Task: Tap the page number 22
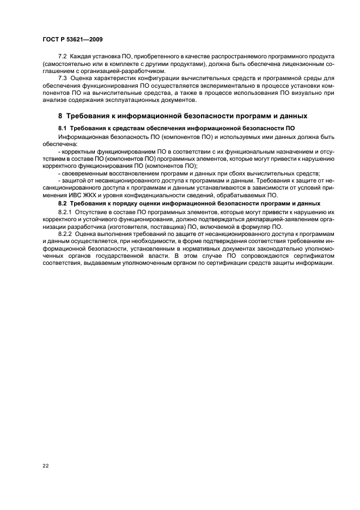[45, 465]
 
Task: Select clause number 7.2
[63, 57]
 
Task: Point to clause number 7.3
[63, 78]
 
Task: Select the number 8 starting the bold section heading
[60, 116]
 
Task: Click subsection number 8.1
[62, 128]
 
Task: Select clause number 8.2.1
[65, 211]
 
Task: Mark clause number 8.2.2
[65, 233]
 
